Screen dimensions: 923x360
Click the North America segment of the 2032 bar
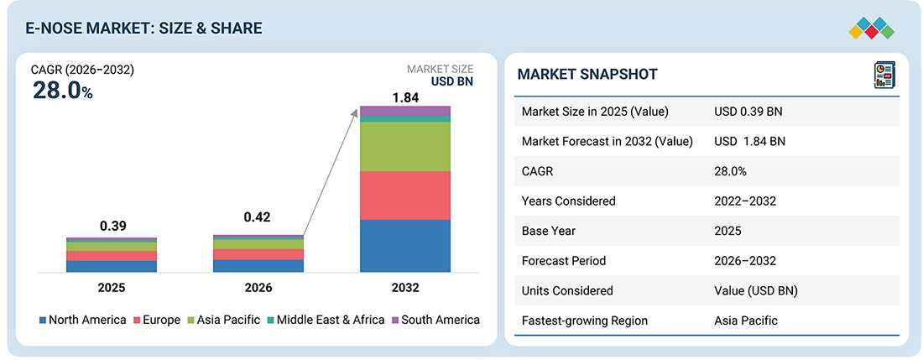[405, 246]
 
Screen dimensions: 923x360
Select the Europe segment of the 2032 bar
[405, 196]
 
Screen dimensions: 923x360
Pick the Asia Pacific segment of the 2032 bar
[405, 147]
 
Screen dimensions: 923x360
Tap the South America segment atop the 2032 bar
[405, 111]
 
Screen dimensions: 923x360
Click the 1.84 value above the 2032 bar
[405, 97]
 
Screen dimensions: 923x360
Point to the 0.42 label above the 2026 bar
[258, 217]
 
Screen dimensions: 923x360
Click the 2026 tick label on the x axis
[258, 288]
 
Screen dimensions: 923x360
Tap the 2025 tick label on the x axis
[112, 288]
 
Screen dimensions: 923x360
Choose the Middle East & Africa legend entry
[325, 320]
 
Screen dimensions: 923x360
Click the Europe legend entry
[157, 320]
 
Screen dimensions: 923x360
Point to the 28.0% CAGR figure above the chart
[62, 90]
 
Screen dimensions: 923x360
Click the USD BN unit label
[451, 81]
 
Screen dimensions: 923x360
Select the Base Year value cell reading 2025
[727, 231]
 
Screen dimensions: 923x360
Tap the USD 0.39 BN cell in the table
[748, 111]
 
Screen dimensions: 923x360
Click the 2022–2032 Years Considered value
[745, 201]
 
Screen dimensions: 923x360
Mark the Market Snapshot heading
[587, 74]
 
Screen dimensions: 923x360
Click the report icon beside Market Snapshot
[884, 76]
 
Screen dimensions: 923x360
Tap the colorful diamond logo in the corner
[872, 29]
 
